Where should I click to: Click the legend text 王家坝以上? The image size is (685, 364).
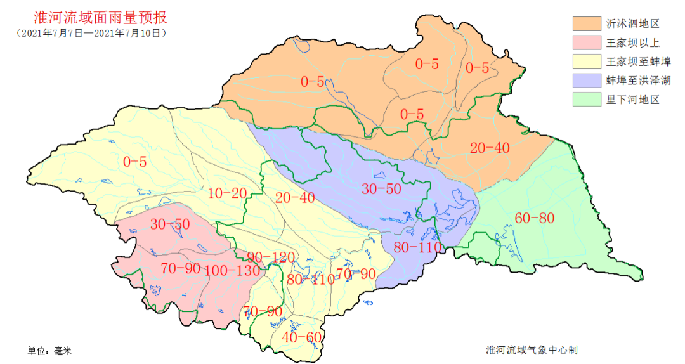(633, 42)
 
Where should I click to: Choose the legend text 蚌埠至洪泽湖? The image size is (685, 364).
(638, 81)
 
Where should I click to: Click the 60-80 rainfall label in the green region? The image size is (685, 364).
(534, 219)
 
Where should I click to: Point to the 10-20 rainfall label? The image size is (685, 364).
(227, 193)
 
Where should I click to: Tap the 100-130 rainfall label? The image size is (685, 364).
(232, 270)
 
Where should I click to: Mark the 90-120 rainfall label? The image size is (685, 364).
(271, 257)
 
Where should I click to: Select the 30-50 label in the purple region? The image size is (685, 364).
(382, 189)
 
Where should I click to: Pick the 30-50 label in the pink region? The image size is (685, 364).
(169, 224)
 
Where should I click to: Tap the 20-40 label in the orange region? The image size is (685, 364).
(490, 148)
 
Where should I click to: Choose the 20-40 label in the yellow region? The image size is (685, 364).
(295, 197)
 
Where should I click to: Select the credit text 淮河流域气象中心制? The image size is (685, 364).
(532, 350)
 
